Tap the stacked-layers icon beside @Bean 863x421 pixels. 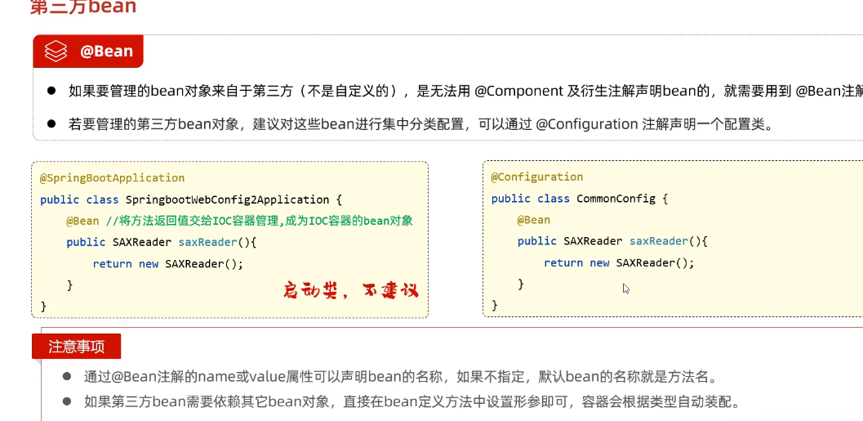click(x=56, y=52)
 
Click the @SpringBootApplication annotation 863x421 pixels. click(x=112, y=177)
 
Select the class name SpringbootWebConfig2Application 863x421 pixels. click(x=227, y=199)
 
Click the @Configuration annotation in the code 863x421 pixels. click(x=536, y=177)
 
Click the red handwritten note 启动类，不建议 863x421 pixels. click(x=350, y=290)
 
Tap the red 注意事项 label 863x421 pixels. click(x=76, y=346)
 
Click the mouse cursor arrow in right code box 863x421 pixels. click(x=625, y=288)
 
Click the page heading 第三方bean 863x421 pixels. click(x=82, y=8)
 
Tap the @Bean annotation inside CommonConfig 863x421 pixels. click(x=533, y=220)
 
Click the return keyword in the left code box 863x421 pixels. click(x=112, y=263)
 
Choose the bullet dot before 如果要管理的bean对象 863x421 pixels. click(x=51, y=91)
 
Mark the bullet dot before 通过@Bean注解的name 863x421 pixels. click(x=67, y=377)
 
